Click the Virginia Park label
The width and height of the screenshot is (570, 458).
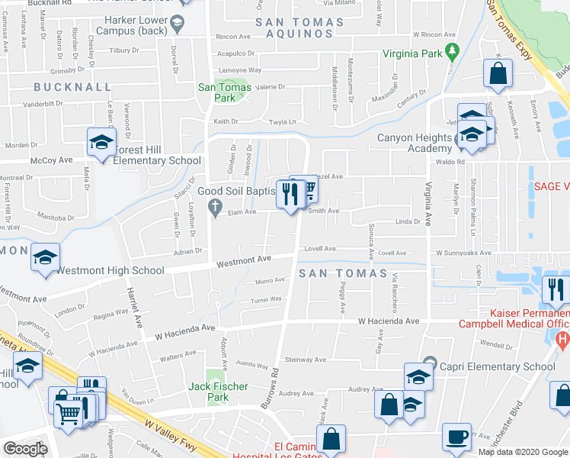pyautogui.click(x=411, y=54)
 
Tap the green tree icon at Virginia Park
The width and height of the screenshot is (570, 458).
pyautogui.click(x=451, y=53)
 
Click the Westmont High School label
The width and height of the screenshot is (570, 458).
pyautogui.click(x=110, y=270)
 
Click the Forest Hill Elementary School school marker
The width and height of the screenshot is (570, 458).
pyautogui.click(x=101, y=141)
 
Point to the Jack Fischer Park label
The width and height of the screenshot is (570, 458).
pyautogui.click(x=219, y=392)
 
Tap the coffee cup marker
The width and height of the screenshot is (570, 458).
pyautogui.click(x=457, y=437)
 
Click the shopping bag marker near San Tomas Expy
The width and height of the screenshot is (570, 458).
pyautogui.click(x=498, y=74)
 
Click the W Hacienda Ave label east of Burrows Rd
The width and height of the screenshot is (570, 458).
pyautogui.click(x=389, y=321)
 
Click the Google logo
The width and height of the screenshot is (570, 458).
pyautogui.click(x=25, y=449)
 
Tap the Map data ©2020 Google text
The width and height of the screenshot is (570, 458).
pyautogui.click(x=522, y=452)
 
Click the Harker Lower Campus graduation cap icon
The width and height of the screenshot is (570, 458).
pyautogui.click(x=178, y=23)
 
